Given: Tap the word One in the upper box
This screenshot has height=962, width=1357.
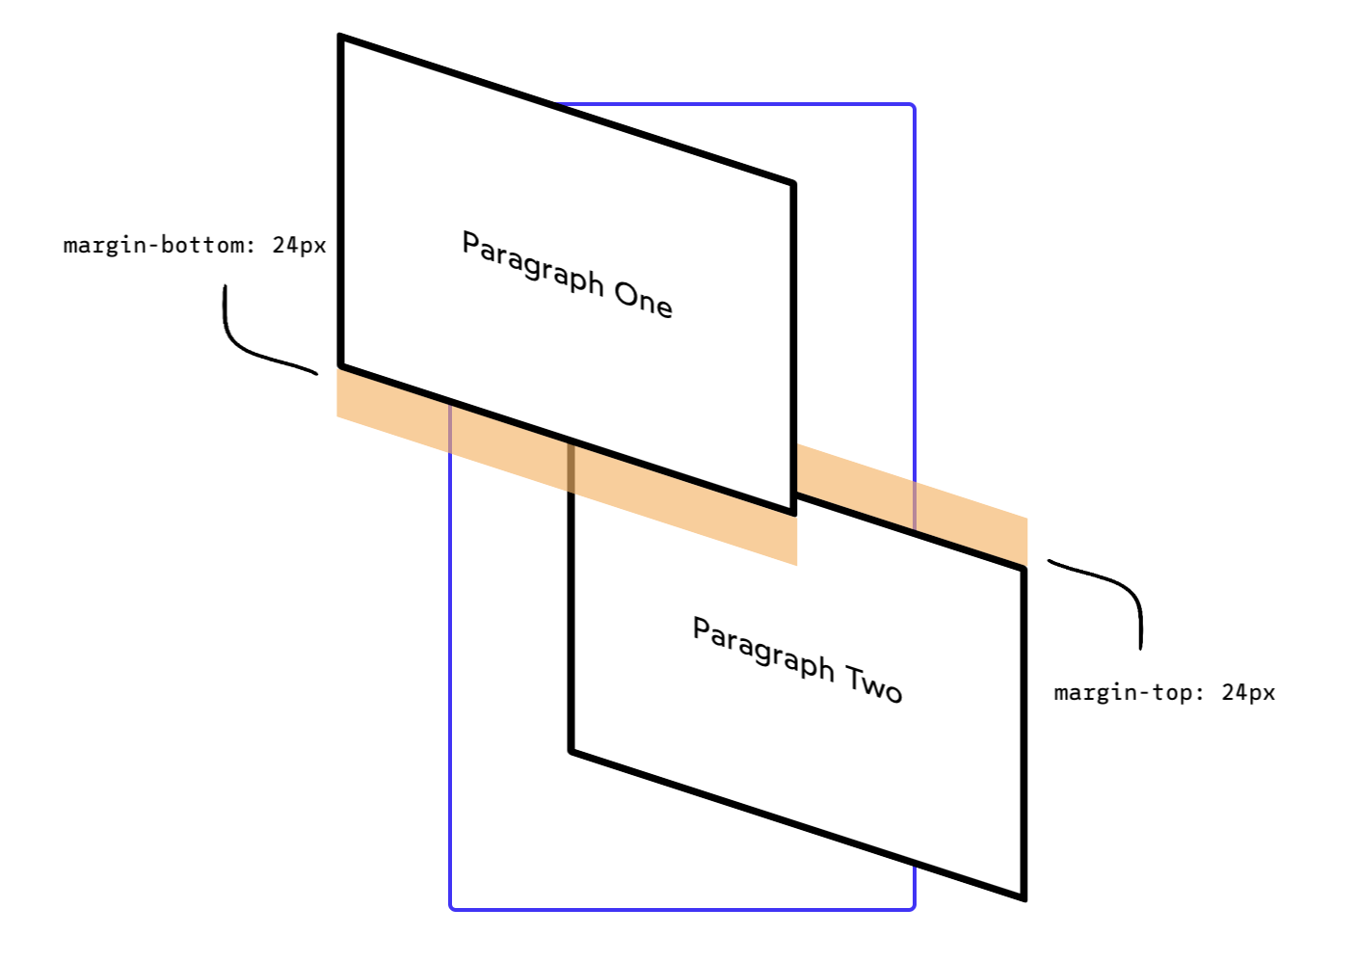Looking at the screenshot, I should pyautogui.click(x=643, y=299).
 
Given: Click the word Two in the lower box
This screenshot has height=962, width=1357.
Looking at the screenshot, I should pyautogui.click(x=874, y=683).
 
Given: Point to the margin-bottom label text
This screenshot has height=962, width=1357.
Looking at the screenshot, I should pyautogui.click(x=195, y=245).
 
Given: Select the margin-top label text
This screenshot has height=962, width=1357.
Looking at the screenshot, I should pyautogui.click(x=1164, y=693).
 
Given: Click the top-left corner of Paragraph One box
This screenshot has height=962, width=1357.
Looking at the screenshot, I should pyautogui.click(x=341, y=37).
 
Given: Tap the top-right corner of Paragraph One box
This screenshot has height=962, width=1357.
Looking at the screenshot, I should pyautogui.click(x=792, y=182).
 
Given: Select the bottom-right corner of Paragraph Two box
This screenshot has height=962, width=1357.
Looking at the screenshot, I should pyautogui.click(x=1024, y=898).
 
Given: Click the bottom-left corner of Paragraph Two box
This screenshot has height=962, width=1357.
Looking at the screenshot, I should pyautogui.click(x=572, y=750).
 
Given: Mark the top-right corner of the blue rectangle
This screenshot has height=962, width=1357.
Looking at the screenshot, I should pyautogui.click(x=913, y=105).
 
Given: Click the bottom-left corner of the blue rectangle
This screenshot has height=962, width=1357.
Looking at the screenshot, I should pyautogui.click(x=451, y=907).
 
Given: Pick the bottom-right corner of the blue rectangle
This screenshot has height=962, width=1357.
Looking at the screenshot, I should pyautogui.click(x=913, y=907).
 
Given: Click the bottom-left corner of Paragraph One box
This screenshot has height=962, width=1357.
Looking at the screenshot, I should pyautogui.click(x=341, y=366).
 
